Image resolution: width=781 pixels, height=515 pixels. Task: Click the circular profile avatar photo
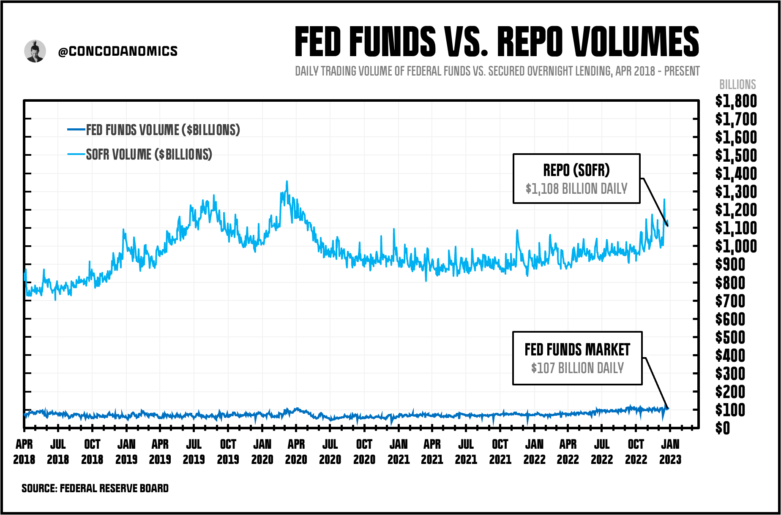pyautogui.click(x=35, y=51)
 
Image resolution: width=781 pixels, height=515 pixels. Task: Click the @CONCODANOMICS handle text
pyautogui.click(x=118, y=51)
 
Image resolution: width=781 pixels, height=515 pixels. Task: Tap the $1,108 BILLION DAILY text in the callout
pyautogui.click(x=576, y=189)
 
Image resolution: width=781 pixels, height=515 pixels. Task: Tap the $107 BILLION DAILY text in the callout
pyautogui.click(x=577, y=368)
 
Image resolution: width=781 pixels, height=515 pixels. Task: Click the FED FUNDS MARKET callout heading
pyautogui.click(x=577, y=350)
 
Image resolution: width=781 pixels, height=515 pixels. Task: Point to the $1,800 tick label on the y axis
pyautogui.click(x=736, y=101)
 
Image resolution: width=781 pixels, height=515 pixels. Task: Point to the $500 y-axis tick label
pyautogui.click(x=730, y=337)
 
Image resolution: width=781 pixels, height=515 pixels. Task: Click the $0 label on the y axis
pyautogui.click(x=723, y=428)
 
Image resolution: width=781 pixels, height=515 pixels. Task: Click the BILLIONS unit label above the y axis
pyautogui.click(x=737, y=84)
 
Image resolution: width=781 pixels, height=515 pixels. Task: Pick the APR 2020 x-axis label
pyautogui.click(x=296, y=452)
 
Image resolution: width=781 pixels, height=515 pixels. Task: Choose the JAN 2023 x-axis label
pyautogui.click(x=670, y=452)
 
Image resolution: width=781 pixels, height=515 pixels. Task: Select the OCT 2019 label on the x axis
pyautogui.click(x=228, y=452)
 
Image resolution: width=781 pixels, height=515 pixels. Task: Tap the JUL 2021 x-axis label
pyautogui.click(x=466, y=452)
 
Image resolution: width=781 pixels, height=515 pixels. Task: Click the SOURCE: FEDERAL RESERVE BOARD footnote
pyautogui.click(x=95, y=488)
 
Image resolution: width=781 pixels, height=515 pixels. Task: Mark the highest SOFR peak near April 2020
pyautogui.click(x=287, y=182)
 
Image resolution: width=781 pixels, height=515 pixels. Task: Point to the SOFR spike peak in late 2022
pyautogui.click(x=664, y=199)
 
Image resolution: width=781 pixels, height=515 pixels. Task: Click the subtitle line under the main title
pyautogui.click(x=497, y=71)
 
